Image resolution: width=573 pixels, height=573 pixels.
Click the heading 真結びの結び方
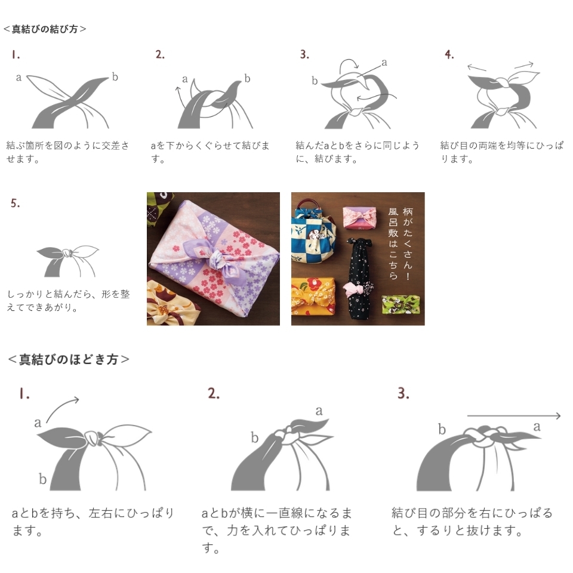tap(45, 29)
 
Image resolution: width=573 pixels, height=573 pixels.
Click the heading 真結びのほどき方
tap(68, 359)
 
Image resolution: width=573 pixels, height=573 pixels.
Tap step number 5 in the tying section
tap(15, 204)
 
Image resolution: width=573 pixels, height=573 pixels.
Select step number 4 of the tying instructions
tap(449, 55)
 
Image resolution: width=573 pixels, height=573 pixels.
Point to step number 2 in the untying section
tap(214, 393)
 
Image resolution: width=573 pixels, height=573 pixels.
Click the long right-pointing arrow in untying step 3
tap(513, 416)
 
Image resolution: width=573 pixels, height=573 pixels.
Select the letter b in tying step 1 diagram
tap(115, 77)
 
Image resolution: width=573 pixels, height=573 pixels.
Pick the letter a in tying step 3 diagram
tap(384, 62)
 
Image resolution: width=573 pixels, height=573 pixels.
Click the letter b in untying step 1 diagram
tap(42, 479)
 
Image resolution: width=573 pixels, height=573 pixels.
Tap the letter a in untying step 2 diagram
tap(319, 411)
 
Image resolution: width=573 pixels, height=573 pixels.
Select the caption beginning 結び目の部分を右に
tap(472, 521)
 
